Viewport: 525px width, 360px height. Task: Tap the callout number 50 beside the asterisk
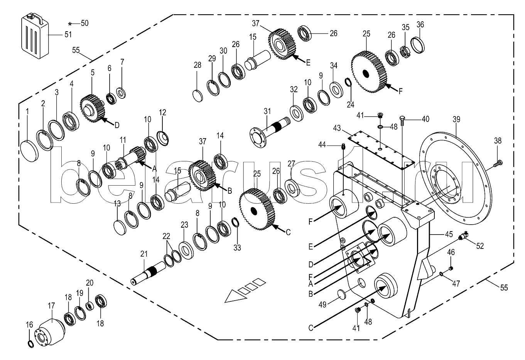pos(84,23)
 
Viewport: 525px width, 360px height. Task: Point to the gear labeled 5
pos(92,109)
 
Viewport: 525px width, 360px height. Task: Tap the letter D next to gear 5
pos(117,125)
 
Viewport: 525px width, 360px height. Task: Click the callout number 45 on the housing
pos(449,234)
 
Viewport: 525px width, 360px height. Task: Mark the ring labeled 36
pos(418,45)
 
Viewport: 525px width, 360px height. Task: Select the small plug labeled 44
pos(344,147)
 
